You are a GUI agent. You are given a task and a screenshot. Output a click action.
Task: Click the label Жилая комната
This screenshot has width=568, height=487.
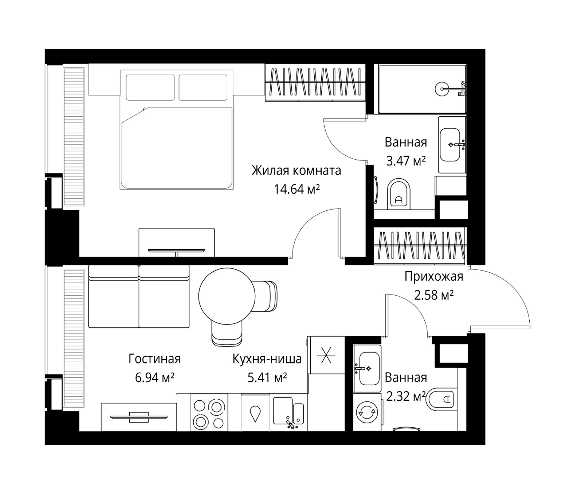tap(297, 171)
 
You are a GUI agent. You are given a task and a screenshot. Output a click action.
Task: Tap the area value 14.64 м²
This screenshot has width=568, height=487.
tap(297, 189)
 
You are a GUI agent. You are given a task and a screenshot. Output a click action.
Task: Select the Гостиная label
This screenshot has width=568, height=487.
tap(155, 359)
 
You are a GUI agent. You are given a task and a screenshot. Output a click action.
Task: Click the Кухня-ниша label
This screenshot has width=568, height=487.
tap(267, 359)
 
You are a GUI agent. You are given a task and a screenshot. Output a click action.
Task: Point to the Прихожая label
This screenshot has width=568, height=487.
tap(434, 277)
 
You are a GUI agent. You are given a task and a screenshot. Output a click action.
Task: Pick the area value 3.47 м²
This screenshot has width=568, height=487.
tap(406, 161)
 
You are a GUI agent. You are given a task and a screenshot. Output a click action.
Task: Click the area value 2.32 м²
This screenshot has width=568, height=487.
tap(406, 396)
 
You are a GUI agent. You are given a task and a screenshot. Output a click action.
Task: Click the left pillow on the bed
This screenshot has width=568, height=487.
tap(150, 87)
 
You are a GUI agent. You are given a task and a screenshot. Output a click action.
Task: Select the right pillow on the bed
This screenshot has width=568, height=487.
tap(203, 87)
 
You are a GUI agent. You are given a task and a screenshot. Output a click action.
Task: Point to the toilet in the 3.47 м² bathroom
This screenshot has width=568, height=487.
tap(399, 194)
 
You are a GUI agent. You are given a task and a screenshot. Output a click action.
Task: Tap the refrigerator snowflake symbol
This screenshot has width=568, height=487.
tap(326, 355)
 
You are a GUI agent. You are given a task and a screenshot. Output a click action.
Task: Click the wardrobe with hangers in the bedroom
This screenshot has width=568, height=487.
tap(315, 83)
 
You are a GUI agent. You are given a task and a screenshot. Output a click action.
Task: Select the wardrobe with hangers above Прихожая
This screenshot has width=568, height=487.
tap(420, 246)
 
